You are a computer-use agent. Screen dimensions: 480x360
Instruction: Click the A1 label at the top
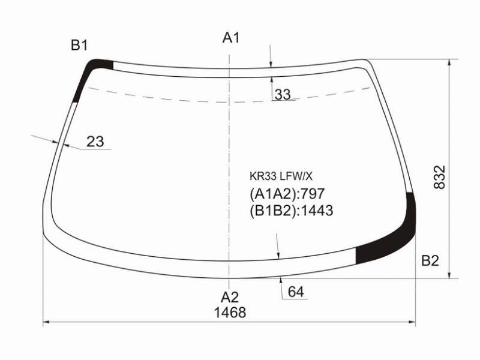click(x=231, y=38)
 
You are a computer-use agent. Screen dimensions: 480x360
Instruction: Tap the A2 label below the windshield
click(x=230, y=297)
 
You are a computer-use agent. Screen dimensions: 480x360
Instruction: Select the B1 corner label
click(x=79, y=46)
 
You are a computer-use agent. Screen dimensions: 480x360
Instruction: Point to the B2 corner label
click(x=430, y=260)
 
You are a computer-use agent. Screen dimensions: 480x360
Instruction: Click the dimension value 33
click(x=282, y=95)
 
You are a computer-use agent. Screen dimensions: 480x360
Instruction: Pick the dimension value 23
click(x=95, y=142)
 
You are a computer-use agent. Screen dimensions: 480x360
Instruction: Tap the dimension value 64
click(x=296, y=292)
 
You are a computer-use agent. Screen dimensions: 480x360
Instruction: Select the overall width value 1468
click(x=230, y=313)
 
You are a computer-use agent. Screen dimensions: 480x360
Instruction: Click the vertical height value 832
click(x=440, y=177)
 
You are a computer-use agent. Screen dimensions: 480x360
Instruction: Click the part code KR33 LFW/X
click(x=281, y=176)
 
